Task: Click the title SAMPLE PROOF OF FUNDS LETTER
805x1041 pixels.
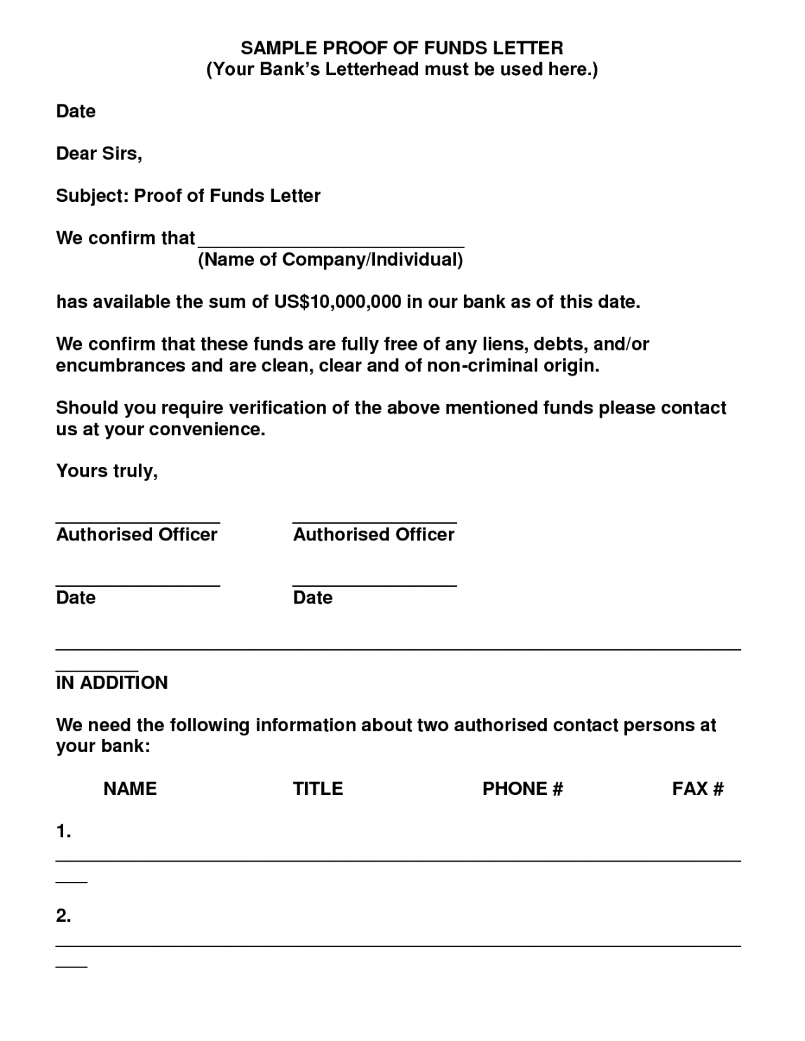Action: [402, 48]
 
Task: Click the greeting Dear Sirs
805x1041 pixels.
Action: [99, 154]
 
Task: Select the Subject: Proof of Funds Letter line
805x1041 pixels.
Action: [188, 196]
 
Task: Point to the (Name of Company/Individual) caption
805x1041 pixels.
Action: [331, 260]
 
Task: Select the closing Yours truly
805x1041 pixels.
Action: [107, 471]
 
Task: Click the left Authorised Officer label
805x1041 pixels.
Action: [137, 535]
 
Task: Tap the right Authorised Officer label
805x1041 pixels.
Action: [374, 535]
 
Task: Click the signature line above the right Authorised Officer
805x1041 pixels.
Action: [374, 523]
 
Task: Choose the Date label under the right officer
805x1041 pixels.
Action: [313, 598]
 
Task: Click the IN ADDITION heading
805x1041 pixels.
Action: [111, 683]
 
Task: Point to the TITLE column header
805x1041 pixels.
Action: [318, 789]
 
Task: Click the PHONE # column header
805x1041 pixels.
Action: [522, 789]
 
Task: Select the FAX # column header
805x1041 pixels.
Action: [698, 789]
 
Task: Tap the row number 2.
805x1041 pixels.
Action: [63, 916]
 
